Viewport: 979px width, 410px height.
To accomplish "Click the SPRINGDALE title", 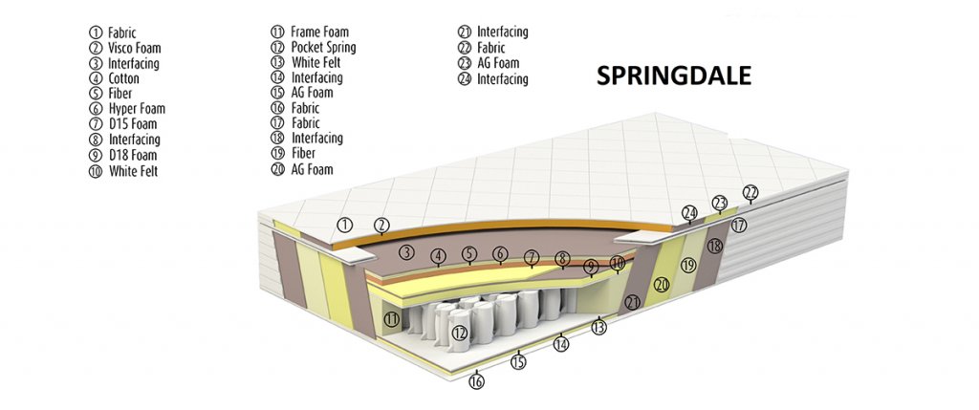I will coord(674,76).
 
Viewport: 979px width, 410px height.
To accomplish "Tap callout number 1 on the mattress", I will coord(346,225).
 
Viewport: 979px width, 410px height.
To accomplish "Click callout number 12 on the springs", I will coord(460,333).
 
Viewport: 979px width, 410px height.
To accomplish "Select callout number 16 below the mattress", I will coord(476,381).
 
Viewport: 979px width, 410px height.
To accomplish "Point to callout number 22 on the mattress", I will coord(751,193).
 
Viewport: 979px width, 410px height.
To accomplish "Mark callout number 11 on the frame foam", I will coord(390,318).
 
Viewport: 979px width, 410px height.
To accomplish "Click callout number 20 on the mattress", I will coord(662,284).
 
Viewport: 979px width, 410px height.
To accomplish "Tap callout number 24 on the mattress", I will coord(689,212).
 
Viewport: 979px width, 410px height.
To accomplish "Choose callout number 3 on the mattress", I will coord(406,252).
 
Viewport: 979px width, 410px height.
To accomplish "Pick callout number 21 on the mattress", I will coord(631,302).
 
